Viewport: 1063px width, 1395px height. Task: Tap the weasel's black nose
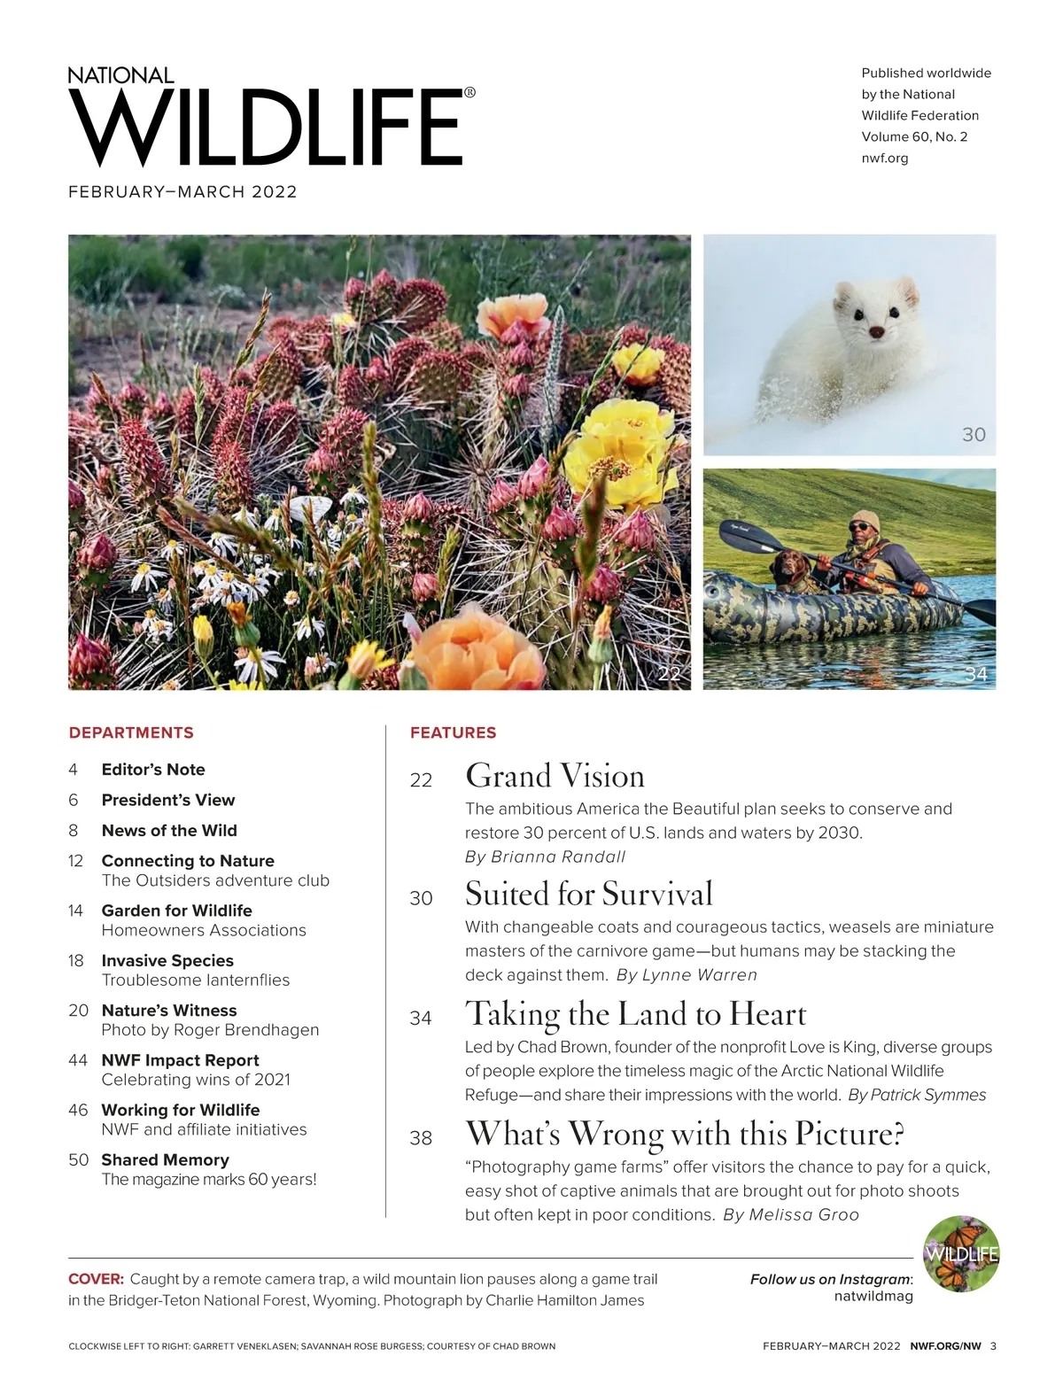coord(876,331)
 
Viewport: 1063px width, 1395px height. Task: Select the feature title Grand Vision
coord(555,776)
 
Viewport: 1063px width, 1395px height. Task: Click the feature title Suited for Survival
coord(588,894)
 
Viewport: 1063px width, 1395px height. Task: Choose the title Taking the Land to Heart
coord(635,1014)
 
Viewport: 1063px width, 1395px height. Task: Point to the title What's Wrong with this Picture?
coord(684,1134)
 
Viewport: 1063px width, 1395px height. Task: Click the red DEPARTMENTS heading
coord(131,732)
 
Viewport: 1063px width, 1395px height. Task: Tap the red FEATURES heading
coord(453,732)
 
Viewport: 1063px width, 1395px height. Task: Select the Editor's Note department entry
coord(153,770)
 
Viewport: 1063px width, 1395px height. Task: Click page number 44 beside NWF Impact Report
coord(78,1060)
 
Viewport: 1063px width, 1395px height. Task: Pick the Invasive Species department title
coord(167,960)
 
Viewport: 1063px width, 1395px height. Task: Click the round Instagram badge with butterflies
coord(961,1254)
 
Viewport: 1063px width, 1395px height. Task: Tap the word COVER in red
coord(96,1279)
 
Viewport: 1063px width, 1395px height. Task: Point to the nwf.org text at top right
coord(884,158)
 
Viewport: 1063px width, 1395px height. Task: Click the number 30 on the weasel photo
coord(974,434)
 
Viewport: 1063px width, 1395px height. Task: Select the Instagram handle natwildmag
coord(873,1296)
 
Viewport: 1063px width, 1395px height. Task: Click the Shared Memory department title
coord(165,1159)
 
